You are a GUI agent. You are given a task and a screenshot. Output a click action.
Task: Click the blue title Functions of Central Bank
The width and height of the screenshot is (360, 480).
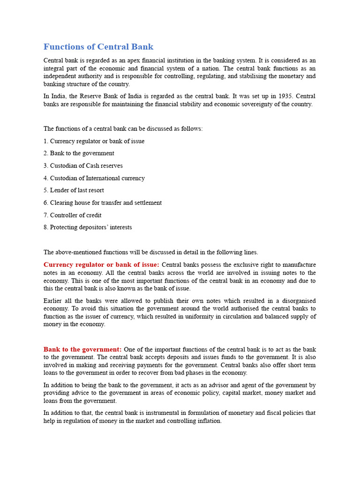click(98, 47)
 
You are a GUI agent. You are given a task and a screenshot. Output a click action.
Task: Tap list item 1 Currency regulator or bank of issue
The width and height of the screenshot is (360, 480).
click(94, 141)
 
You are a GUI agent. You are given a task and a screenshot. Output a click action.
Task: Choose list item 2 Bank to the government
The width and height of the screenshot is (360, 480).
click(79, 153)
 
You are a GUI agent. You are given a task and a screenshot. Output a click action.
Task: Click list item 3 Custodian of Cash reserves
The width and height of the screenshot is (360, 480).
click(83, 165)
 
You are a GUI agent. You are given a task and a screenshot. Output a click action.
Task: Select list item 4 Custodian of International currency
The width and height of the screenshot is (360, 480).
click(94, 178)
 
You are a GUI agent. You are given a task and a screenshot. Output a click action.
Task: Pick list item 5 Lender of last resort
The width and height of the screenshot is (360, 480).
click(74, 190)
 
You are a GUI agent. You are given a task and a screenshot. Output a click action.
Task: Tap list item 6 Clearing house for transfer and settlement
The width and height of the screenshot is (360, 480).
click(102, 203)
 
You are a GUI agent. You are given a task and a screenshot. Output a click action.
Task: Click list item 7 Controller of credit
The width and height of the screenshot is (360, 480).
click(72, 215)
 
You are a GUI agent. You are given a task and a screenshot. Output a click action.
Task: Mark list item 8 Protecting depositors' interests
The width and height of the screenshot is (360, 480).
click(88, 227)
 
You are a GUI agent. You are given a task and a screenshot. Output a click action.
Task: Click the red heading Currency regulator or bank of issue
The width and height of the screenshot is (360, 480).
click(101, 265)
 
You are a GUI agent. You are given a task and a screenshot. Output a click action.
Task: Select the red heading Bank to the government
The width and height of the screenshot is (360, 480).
click(82, 349)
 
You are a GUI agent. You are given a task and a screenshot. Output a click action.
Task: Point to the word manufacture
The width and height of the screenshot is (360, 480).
click(298, 265)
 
